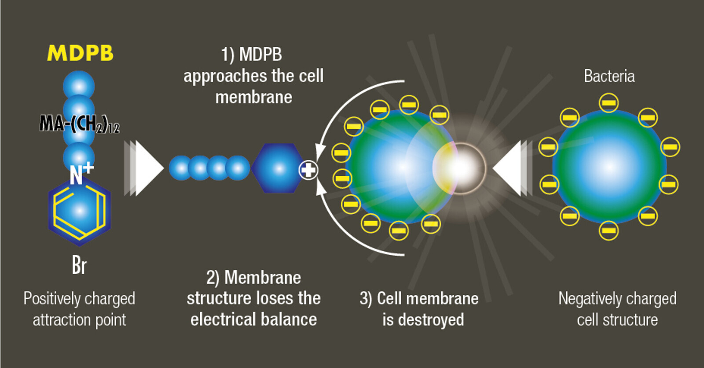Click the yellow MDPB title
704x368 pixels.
80,53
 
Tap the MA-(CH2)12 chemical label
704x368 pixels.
79,123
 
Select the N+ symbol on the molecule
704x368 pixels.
81,173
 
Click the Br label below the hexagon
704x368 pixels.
79,265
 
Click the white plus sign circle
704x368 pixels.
308,170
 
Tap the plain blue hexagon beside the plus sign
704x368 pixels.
278,168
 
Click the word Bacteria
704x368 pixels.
609,76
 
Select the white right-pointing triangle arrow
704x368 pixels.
149,168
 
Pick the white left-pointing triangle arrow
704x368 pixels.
508,168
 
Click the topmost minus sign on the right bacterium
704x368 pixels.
609,103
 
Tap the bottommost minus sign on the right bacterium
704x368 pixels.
609,230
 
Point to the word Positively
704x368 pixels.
51,299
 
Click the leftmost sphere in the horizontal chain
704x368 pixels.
180,168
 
